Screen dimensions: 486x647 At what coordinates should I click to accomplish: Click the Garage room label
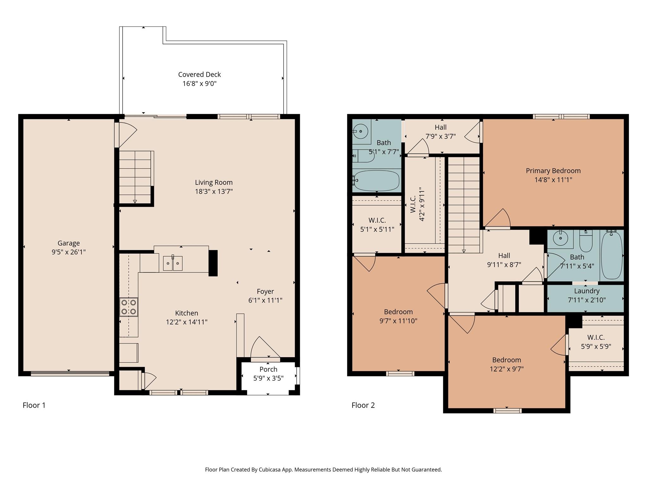coord(69,243)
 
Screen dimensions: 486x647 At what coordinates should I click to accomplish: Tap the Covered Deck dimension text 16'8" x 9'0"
coord(199,84)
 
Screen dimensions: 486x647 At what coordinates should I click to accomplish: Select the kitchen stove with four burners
coord(129,307)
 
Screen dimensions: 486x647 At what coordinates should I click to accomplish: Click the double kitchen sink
coord(172,263)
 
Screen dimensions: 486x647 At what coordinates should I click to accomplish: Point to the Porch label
coord(268,369)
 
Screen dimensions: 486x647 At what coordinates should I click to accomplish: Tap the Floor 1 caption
coord(34,405)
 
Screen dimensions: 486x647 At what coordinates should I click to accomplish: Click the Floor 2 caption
coord(363,405)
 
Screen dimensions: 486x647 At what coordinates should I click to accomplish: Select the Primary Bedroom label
coord(553,171)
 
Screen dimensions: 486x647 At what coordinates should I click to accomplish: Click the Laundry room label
coord(587,291)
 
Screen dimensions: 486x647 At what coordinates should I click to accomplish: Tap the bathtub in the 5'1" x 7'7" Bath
coord(376,181)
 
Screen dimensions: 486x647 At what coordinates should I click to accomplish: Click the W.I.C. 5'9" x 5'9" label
coord(596,337)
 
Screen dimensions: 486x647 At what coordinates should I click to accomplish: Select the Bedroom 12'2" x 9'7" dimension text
coord(506,369)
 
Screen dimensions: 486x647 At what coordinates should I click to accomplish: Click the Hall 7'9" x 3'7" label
coord(440,127)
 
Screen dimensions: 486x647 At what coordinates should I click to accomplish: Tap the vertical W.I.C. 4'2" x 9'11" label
coord(417,204)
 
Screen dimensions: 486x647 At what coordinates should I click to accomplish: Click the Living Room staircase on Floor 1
coord(135,177)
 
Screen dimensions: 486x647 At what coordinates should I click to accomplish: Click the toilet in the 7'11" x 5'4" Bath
coord(586,242)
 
